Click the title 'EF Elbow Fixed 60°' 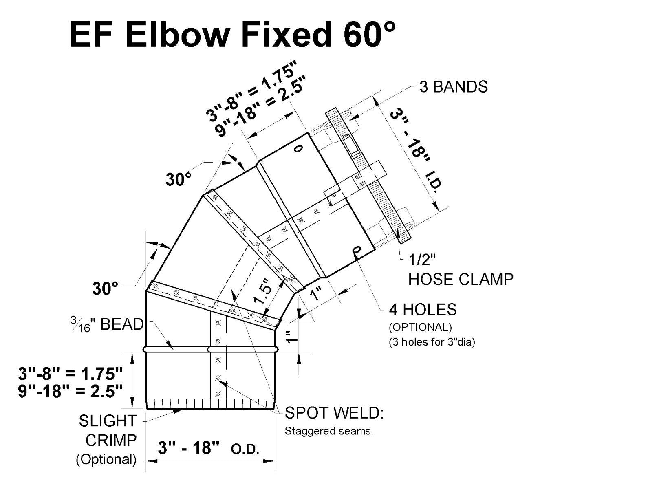232,34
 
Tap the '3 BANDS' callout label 453,87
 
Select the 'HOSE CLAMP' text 461,279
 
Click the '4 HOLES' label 423,310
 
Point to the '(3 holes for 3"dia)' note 432,341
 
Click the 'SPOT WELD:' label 334,413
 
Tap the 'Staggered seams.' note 328,431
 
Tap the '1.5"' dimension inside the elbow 263,291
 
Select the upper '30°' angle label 179,179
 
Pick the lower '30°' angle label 105,289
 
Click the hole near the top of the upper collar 299,149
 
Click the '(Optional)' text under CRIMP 106,459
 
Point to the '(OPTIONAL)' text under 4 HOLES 420,327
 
